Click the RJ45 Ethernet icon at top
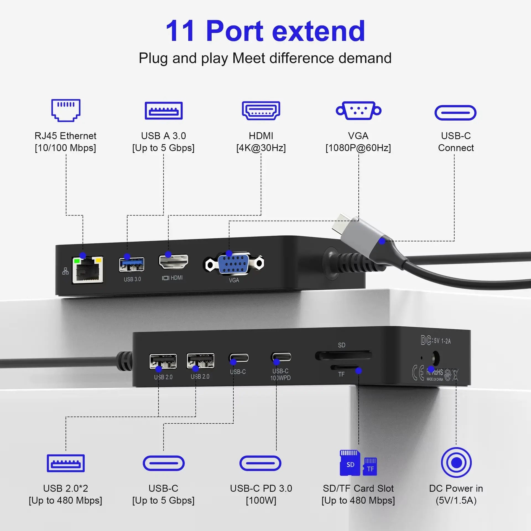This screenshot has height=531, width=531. click(x=66, y=110)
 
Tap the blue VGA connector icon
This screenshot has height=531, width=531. click(x=358, y=110)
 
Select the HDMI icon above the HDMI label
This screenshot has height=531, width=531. click(x=261, y=110)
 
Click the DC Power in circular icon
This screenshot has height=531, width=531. click(x=456, y=462)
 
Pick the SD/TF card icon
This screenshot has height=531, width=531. click(x=358, y=463)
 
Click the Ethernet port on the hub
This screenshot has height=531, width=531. click(x=88, y=270)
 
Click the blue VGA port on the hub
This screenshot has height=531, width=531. click(x=234, y=264)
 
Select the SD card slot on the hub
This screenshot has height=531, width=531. click(x=343, y=355)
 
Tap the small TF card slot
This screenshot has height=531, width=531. click(x=343, y=368)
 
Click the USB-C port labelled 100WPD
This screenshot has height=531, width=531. click(x=281, y=357)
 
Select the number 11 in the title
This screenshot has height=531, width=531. click(x=180, y=31)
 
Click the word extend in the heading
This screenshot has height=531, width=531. click(x=319, y=31)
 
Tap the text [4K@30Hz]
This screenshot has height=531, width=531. click(x=261, y=148)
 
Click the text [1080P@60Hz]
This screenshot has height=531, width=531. click(x=358, y=148)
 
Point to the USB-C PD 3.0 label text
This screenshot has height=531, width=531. click(x=261, y=488)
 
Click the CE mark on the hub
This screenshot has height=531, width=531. click(x=418, y=373)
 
